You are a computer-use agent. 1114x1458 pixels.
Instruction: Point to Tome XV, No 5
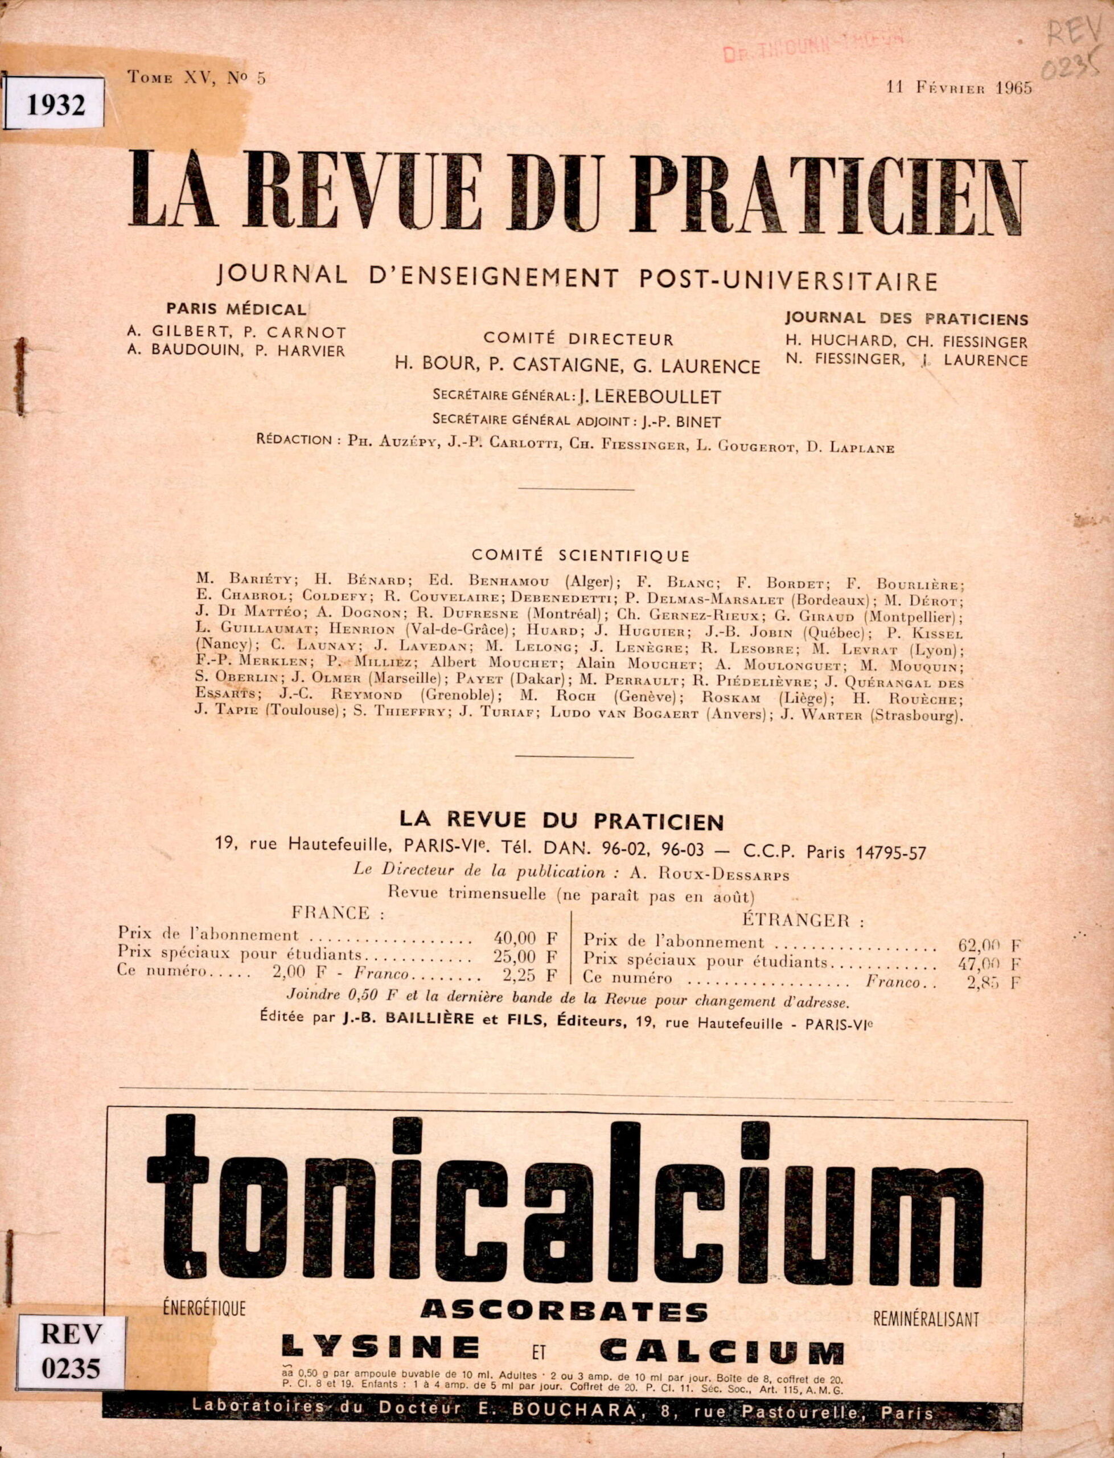click(197, 78)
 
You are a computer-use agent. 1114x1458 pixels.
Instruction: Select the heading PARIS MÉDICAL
click(236, 309)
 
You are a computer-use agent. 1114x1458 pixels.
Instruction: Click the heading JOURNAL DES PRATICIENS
click(906, 319)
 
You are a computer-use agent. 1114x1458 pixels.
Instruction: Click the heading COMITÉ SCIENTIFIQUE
click(579, 555)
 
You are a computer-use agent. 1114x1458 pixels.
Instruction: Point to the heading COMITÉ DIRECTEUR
click(578, 339)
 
